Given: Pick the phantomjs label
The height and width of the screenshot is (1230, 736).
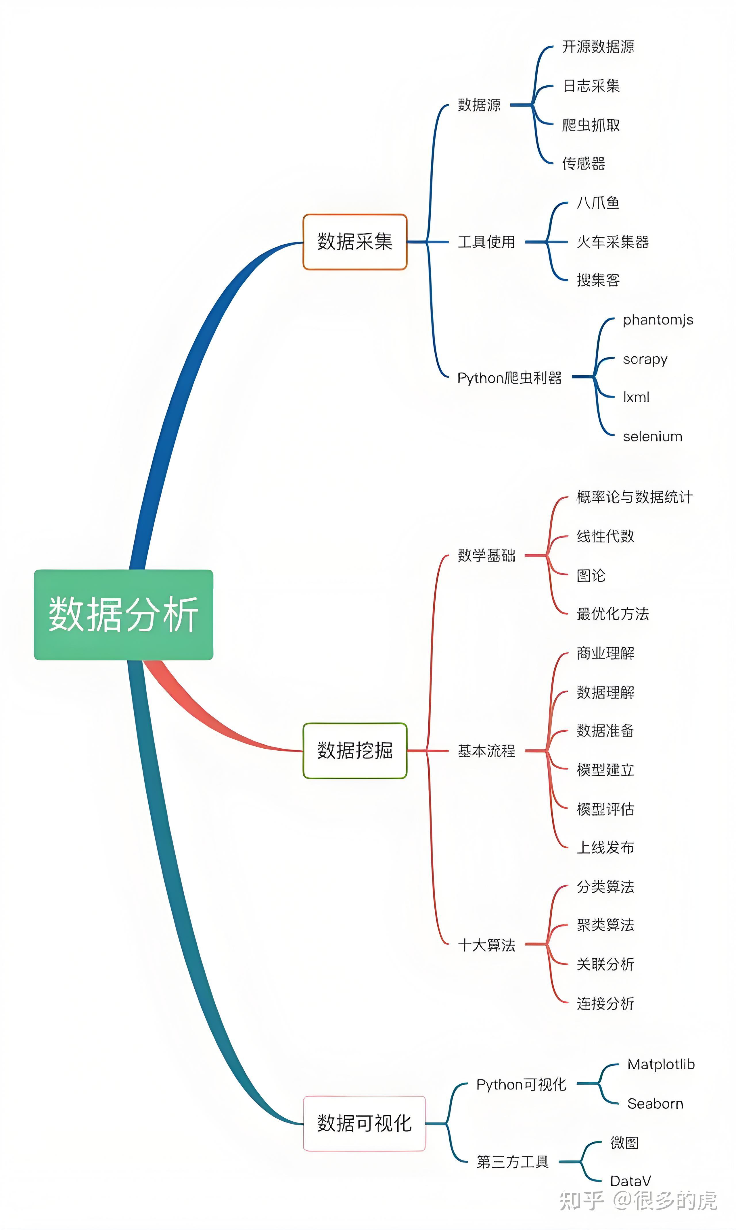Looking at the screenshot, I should point(658,320).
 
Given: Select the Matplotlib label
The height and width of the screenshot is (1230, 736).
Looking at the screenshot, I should point(661,1064).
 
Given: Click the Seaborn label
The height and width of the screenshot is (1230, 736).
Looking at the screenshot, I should point(655,1104).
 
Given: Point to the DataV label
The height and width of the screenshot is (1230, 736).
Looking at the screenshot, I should point(630,1181).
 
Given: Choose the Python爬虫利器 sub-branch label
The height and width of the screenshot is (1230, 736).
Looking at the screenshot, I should point(509,378).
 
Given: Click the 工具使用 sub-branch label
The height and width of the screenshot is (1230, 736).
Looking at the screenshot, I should point(486,242).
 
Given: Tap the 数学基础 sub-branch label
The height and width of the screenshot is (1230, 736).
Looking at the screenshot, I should point(486,555).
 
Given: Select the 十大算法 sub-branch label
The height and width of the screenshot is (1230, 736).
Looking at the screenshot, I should point(486,945).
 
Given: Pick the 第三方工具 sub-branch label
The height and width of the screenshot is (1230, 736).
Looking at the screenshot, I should point(512,1162).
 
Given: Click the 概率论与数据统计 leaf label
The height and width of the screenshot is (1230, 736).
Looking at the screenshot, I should point(634,497).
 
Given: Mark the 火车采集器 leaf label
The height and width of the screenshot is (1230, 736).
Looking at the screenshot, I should point(612,242).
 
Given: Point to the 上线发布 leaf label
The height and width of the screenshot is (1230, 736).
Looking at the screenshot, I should point(605,847).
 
